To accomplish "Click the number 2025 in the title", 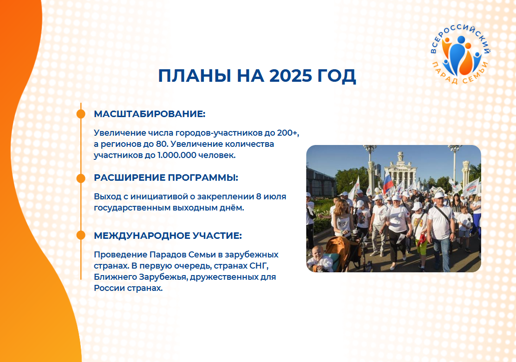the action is (291, 75).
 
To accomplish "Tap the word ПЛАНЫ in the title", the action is (195, 75).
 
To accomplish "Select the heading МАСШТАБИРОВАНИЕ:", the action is (150, 114).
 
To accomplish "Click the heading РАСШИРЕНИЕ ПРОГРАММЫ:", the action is (166, 178).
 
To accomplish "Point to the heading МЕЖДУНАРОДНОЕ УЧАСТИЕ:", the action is (168, 236).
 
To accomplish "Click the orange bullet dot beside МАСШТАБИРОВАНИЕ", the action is (81, 114).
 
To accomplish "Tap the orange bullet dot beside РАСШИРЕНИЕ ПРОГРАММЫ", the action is (81, 178).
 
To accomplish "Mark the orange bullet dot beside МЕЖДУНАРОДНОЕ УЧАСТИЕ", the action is (81, 236).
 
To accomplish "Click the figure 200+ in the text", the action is (288, 133).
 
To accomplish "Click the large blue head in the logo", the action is (461, 39).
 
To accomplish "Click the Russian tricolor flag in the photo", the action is (388, 182).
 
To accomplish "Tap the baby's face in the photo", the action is (318, 253).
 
